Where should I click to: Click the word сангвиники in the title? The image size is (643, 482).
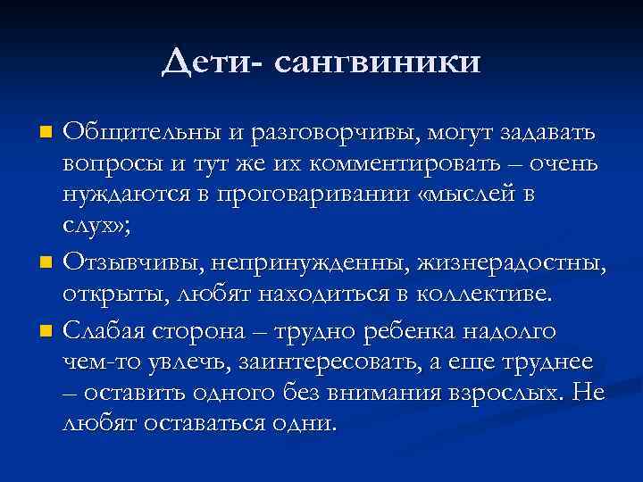click(x=380, y=63)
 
